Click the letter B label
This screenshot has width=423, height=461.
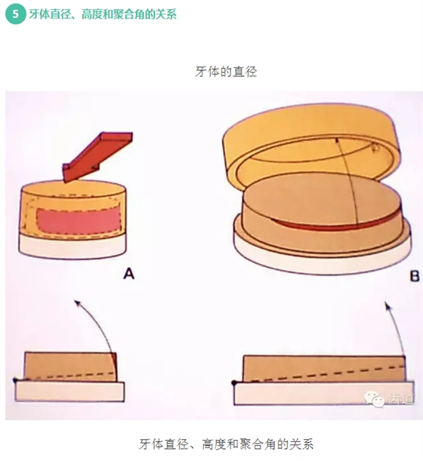tap(414, 277)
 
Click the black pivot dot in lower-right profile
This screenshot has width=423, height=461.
tap(233, 381)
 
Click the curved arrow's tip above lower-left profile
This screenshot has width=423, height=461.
tap(76, 302)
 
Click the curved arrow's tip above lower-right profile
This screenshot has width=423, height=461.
tap(387, 304)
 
